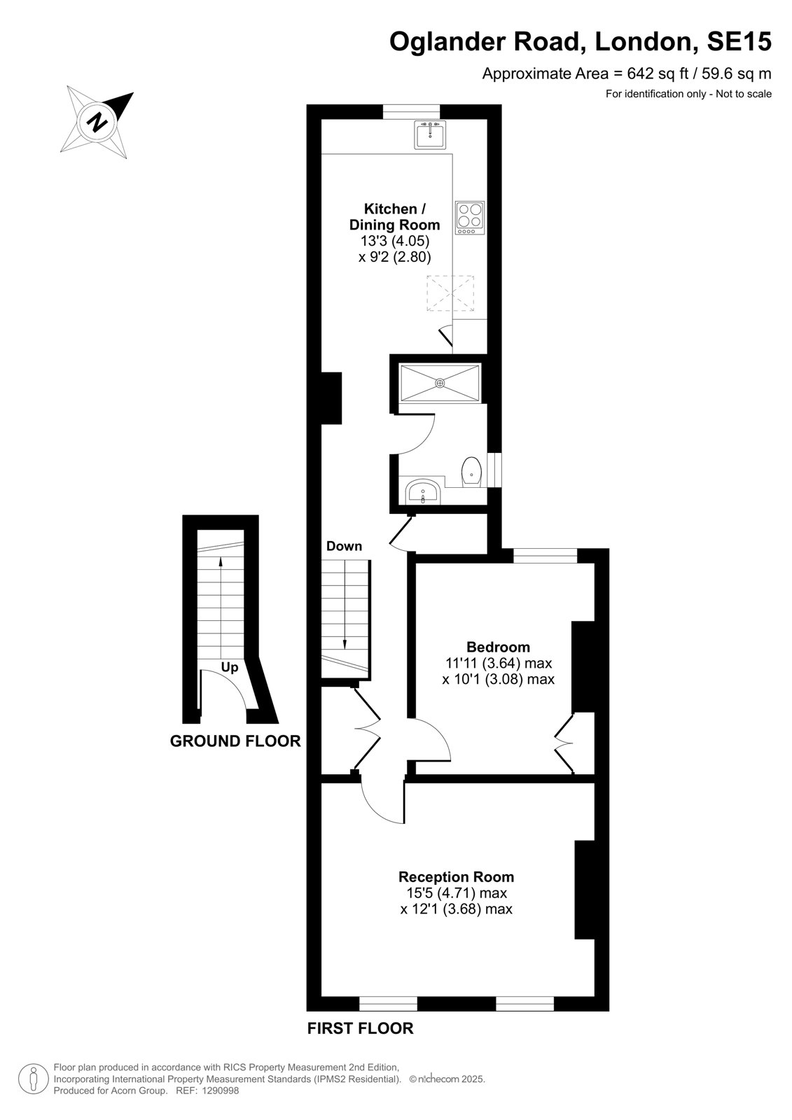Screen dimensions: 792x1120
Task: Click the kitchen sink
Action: click(x=430, y=134)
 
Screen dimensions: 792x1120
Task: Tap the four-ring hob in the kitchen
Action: click(x=470, y=218)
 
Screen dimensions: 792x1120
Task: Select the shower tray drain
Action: click(x=440, y=383)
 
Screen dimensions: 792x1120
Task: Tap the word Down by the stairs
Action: click(x=345, y=546)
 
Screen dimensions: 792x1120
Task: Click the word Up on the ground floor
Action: click(x=230, y=668)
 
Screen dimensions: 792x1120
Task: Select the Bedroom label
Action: click(x=498, y=647)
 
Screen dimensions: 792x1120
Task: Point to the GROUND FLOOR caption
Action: click(x=235, y=741)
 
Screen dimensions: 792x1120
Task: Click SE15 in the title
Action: click(x=739, y=41)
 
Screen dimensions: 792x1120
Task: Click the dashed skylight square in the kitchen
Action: click(x=450, y=293)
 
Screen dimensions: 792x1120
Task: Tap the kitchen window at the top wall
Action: click(x=411, y=111)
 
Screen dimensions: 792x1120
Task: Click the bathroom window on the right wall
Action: click(x=494, y=470)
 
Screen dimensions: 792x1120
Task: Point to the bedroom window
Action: click(x=546, y=556)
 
